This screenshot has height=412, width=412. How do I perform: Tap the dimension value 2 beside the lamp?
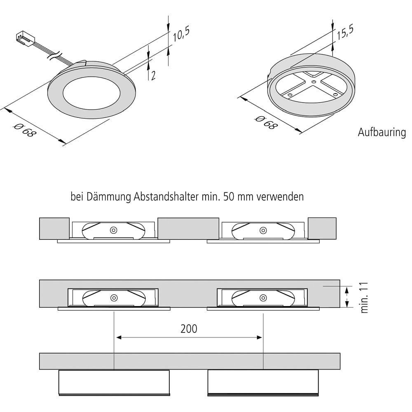pyautogui.click(x=153, y=75)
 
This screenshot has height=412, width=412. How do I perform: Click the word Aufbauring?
pyautogui.click(x=382, y=133)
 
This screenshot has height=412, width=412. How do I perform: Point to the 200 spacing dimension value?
pyautogui.click(x=189, y=329)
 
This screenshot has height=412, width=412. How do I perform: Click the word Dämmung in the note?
pyautogui.click(x=109, y=197)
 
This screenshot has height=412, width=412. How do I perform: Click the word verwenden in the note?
pyautogui.click(x=280, y=197)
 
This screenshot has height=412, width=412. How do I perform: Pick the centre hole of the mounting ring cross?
pyautogui.click(x=314, y=82)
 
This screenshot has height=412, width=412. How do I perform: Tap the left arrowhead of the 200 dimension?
pyautogui.click(x=119, y=337)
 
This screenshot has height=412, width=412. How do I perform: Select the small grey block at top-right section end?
pyautogui.click(x=322, y=228)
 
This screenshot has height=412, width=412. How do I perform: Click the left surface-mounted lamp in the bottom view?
pyautogui.click(x=114, y=382)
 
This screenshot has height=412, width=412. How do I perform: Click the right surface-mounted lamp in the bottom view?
pyautogui.click(x=263, y=382)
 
